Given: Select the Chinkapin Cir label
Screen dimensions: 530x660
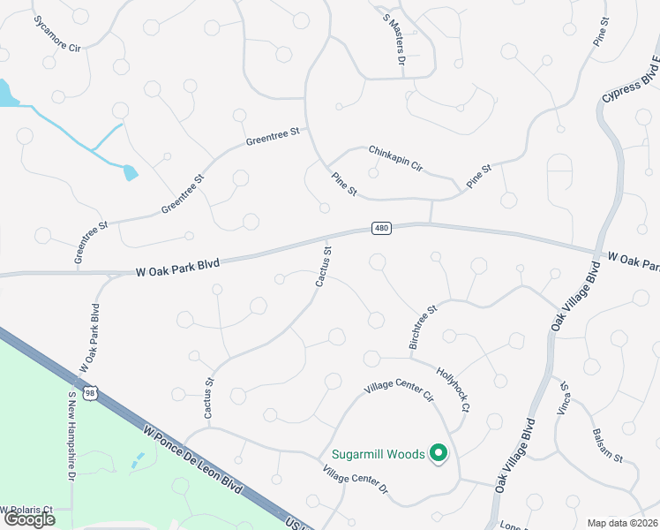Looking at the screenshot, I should tap(396, 158).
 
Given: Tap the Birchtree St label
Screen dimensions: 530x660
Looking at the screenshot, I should tap(424, 328).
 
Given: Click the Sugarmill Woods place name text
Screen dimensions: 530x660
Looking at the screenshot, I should tap(379, 455).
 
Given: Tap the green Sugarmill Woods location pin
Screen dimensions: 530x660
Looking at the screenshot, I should tap(439, 454).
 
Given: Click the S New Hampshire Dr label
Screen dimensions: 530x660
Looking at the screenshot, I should tap(71, 436).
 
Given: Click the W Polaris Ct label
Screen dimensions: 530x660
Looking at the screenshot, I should tap(26, 510).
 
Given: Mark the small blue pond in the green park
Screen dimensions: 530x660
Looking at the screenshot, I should tap(137, 460).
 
